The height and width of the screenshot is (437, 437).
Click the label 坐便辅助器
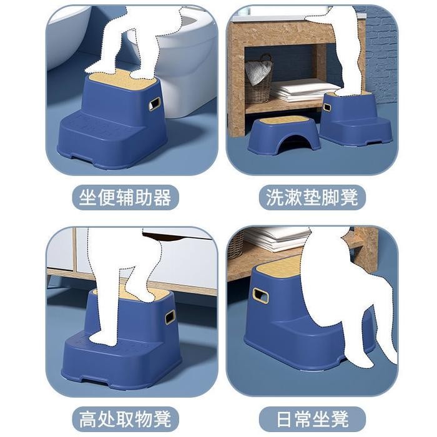click(x=125, y=199)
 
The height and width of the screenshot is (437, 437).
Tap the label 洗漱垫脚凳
click(x=312, y=199)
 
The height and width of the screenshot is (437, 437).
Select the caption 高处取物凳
click(x=125, y=418)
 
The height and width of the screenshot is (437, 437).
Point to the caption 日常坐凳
click(x=312, y=418)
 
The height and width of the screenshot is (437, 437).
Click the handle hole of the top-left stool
click(x=154, y=104)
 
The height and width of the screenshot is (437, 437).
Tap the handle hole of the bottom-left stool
click(x=170, y=318)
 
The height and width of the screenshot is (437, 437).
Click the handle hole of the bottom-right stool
click(x=260, y=295)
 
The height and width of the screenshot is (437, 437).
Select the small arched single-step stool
click(x=283, y=134)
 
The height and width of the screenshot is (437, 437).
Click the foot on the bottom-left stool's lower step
click(x=104, y=338)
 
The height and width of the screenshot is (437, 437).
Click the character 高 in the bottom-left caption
click(x=89, y=418)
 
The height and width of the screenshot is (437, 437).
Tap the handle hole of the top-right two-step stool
click(x=327, y=107)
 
